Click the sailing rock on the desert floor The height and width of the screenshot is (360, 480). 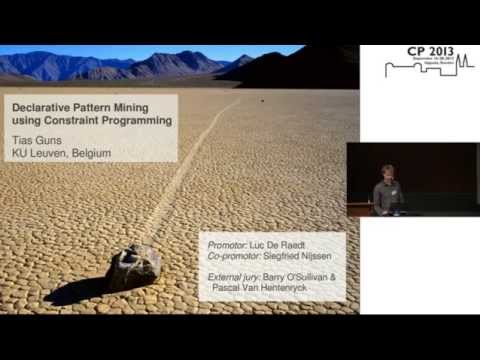[135, 266]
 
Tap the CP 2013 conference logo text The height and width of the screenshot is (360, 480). [418, 53]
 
